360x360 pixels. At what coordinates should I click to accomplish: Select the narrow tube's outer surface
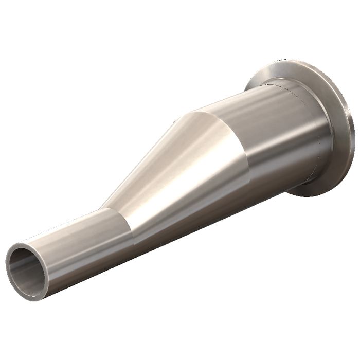point(77,242)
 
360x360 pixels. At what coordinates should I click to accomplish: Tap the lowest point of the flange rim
point(314,196)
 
